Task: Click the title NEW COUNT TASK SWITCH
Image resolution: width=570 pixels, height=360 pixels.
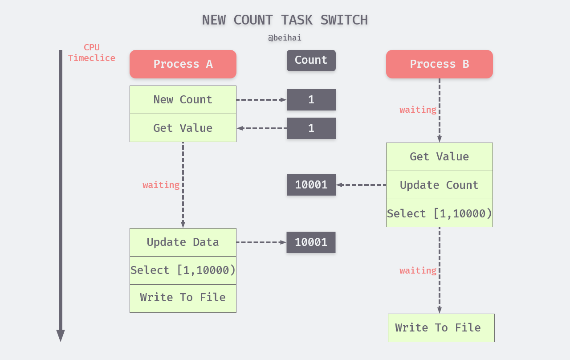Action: tap(285, 20)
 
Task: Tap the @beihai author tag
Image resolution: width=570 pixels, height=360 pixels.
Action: tap(285, 38)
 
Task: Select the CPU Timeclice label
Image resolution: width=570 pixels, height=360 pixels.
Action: tap(91, 53)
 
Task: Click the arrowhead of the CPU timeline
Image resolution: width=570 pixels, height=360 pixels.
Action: tap(61, 335)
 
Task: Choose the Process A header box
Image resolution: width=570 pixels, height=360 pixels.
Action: tap(183, 64)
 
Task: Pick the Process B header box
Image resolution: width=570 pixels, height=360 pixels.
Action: tap(439, 64)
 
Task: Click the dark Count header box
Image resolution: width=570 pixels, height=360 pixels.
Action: tap(311, 61)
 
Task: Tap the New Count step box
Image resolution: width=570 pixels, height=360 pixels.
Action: tap(183, 100)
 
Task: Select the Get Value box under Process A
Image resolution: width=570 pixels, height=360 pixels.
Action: tap(183, 128)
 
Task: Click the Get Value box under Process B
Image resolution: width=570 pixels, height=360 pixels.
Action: tap(439, 157)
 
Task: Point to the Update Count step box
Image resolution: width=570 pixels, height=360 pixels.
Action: tap(439, 185)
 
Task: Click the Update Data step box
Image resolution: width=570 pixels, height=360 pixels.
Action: tap(183, 242)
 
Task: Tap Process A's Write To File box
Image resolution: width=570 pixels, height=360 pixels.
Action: tap(183, 298)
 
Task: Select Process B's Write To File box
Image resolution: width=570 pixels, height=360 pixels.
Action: tap(441, 328)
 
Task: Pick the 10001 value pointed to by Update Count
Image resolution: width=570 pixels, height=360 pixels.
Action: tap(311, 185)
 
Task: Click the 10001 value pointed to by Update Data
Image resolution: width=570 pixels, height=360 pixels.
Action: tap(311, 242)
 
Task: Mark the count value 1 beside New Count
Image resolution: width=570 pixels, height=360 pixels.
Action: tap(311, 100)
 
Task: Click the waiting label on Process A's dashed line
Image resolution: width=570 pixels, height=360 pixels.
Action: tap(161, 185)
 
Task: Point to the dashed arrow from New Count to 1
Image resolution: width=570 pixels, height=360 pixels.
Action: tap(261, 100)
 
